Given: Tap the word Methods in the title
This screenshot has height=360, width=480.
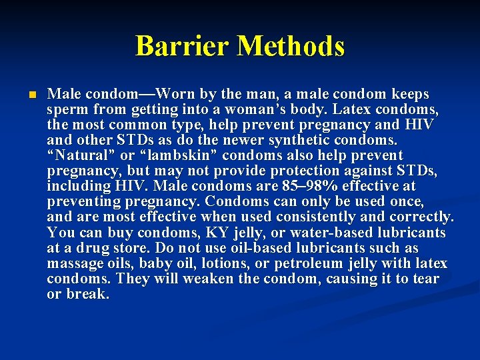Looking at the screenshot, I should (x=291, y=47).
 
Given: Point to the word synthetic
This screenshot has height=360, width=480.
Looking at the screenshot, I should (x=295, y=141).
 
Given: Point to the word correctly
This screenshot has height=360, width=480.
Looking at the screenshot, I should (x=419, y=217).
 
